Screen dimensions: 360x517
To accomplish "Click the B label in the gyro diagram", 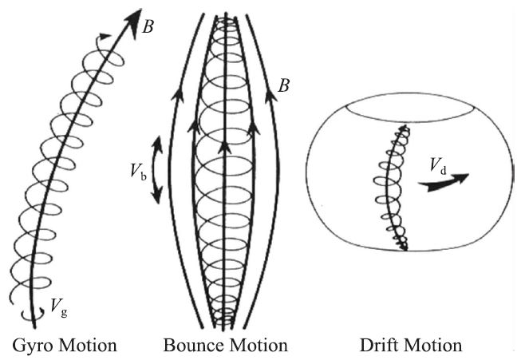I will pyautogui.click(x=148, y=26).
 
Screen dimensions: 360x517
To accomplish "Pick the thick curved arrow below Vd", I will pyautogui.click(x=444, y=183).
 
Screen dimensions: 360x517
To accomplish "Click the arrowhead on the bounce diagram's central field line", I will pyautogui.click(x=226, y=148).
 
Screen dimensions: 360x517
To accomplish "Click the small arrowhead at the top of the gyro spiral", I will pyautogui.click(x=101, y=35).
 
